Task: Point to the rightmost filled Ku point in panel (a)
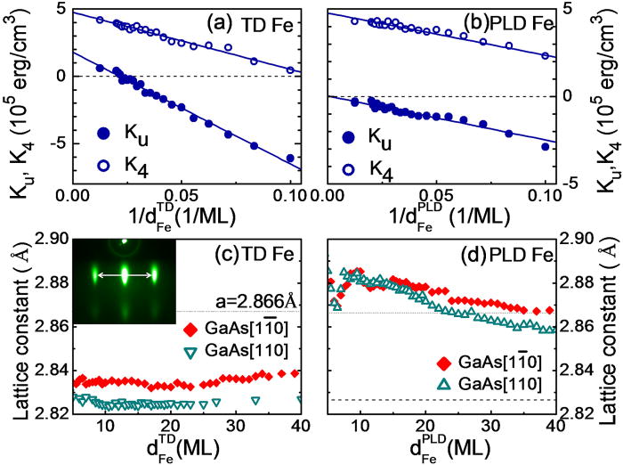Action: pos(290,158)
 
